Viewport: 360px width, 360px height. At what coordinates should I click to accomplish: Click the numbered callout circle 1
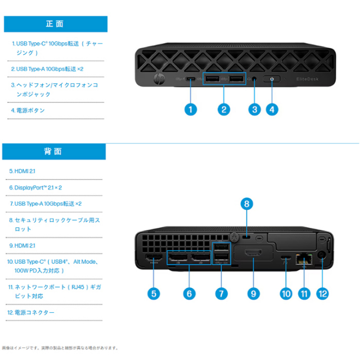click(x=191, y=110)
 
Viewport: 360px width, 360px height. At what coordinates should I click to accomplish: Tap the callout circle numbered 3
click(x=254, y=110)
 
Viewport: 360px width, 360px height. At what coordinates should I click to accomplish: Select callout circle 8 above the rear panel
click(x=246, y=204)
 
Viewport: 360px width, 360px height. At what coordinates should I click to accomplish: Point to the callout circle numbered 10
click(x=286, y=294)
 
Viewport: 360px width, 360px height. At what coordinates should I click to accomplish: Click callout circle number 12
click(x=322, y=294)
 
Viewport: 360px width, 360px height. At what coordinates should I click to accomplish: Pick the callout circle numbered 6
click(x=189, y=294)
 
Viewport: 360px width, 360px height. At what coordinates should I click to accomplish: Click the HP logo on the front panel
click(x=159, y=79)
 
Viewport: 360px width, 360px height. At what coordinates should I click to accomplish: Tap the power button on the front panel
click(x=272, y=79)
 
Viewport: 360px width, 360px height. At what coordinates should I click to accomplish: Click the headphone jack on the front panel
click(x=254, y=79)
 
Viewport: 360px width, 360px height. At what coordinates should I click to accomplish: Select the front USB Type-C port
click(x=191, y=79)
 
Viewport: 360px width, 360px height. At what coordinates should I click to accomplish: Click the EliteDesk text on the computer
click(x=307, y=79)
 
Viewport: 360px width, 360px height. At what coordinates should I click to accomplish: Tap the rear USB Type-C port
click(x=285, y=257)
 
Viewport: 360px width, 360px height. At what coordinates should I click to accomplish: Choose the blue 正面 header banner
click(x=56, y=24)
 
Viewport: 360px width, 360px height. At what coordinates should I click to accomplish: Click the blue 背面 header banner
click(x=54, y=151)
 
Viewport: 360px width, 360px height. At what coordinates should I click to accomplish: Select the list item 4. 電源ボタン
click(x=28, y=110)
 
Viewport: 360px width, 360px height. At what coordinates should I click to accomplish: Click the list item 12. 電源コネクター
click(x=31, y=313)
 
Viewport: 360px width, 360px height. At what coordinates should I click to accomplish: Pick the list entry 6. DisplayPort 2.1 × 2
click(x=35, y=187)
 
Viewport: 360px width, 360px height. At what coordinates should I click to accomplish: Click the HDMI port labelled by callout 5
click(x=154, y=258)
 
